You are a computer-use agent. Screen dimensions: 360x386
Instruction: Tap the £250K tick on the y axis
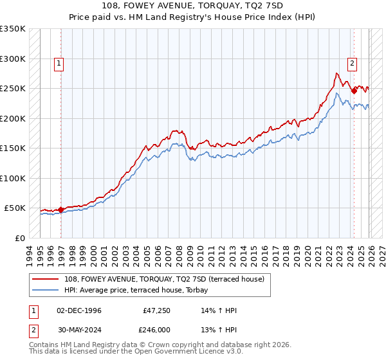pyautogui.click(x=13, y=89)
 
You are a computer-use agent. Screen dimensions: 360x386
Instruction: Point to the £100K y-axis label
pyautogui.click(x=13, y=178)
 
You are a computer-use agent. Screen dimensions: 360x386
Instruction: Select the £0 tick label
pyautogui.click(x=19, y=238)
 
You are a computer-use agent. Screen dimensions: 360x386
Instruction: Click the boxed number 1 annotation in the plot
pyautogui.click(x=59, y=63)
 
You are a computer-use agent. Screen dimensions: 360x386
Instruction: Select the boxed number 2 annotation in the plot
pyautogui.click(x=353, y=63)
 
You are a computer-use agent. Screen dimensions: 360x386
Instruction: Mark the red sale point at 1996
pyautogui.click(x=60, y=210)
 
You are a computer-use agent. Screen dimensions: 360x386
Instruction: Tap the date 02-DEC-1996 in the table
pyautogui.click(x=79, y=310)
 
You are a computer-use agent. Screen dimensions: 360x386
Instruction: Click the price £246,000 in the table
pyautogui.click(x=156, y=328)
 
